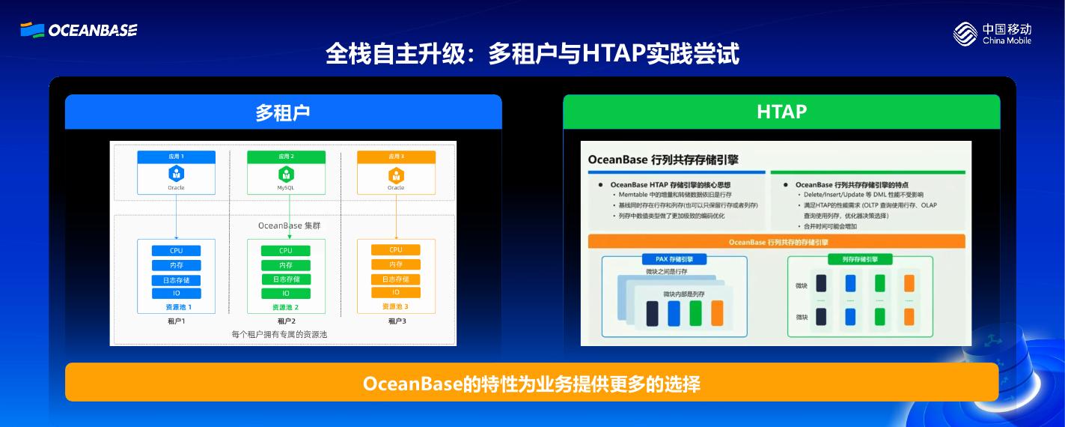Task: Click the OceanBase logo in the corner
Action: pos(79,30)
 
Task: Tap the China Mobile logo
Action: pos(992,34)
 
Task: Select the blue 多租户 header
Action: pos(283,112)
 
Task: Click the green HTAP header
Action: pos(781,112)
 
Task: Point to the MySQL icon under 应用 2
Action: pos(286,175)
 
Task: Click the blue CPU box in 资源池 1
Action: pos(176,251)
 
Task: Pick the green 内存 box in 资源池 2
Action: pos(286,265)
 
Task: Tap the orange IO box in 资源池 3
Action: pos(396,292)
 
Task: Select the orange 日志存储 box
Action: pos(396,279)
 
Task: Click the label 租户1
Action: pos(176,321)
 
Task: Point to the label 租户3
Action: pos(397,321)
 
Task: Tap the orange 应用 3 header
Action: pos(396,157)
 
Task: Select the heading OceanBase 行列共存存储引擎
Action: pos(663,160)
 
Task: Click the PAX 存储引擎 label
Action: pos(674,259)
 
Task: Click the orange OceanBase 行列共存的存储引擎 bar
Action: pos(776,242)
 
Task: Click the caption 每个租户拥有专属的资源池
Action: pos(279,335)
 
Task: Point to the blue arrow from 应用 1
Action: pos(176,217)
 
